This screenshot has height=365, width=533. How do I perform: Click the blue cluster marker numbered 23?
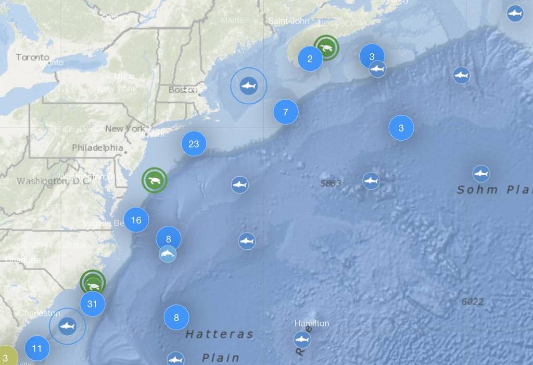click(194, 144)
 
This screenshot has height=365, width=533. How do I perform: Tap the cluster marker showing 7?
click(285, 112)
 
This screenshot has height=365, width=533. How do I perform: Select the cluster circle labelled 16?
click(136, 220)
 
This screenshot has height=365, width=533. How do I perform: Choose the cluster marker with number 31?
click(93, 303)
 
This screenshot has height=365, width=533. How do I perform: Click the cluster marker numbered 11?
click(37, 348)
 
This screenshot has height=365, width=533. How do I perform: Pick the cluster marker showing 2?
click(310, 58)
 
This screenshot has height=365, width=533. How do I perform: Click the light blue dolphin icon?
click(168, 254)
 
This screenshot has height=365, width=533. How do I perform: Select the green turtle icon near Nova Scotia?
click(326, 48)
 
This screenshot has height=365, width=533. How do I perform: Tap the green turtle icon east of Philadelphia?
click(155, 180)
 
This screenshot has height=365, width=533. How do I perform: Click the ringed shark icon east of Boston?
click(249, 86)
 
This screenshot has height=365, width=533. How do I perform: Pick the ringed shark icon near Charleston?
click(67, 327)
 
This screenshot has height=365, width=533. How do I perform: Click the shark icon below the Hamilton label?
click(302, 340)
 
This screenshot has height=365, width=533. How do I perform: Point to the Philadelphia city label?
click(97, 148)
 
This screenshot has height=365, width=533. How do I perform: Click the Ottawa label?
click(116, 18)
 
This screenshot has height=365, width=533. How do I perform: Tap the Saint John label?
click(289, 21)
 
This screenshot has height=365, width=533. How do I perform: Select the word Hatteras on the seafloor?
click(219, 334)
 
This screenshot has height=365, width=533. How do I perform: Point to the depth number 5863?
click(331, 183)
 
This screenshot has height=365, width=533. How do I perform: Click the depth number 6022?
click(473, 301)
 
